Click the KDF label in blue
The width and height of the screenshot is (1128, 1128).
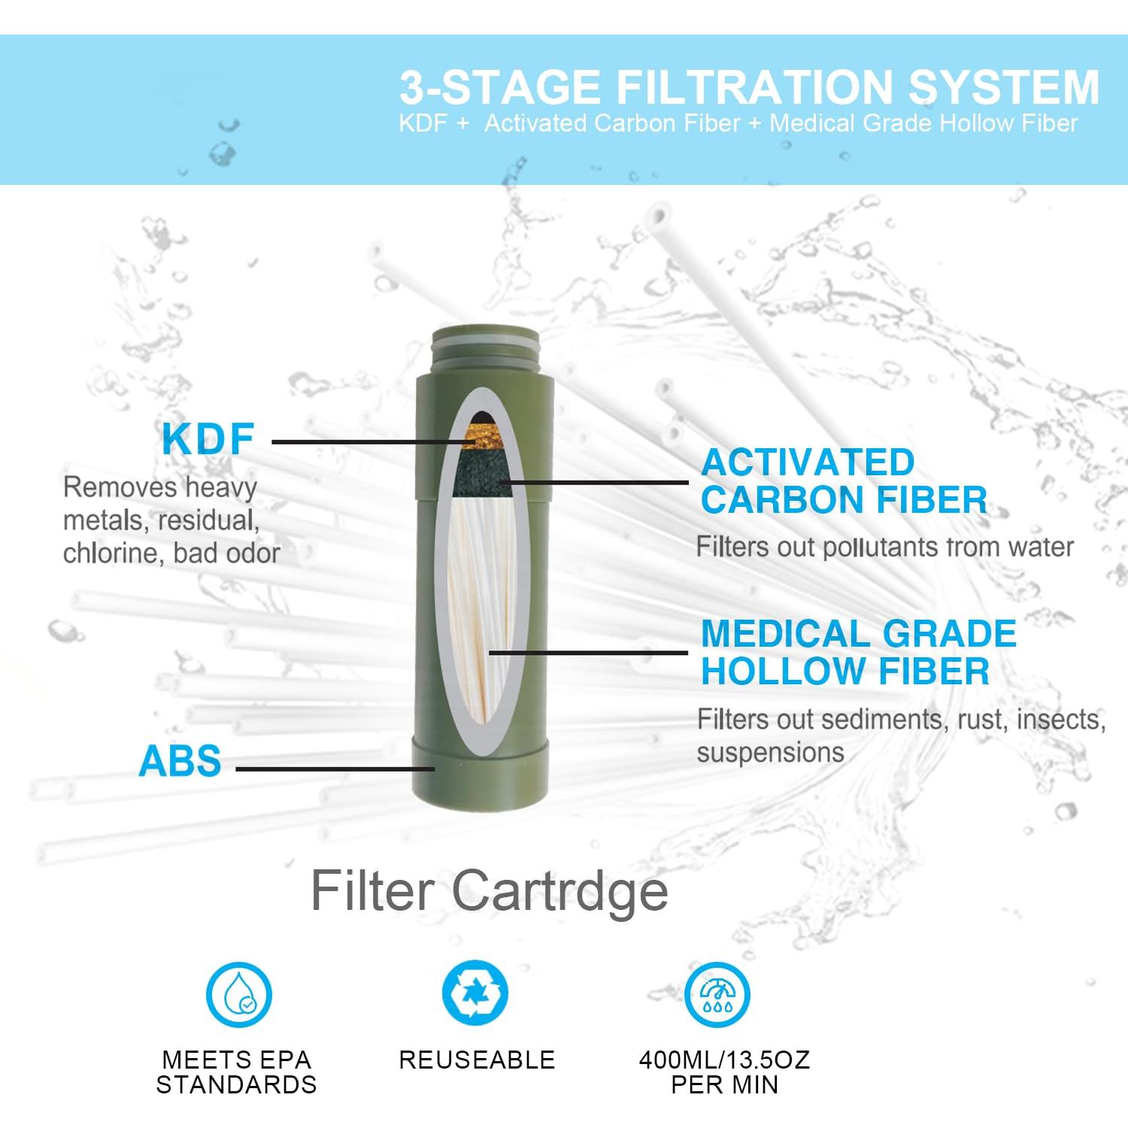[208, 440]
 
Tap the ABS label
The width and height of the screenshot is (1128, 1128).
[180, 761]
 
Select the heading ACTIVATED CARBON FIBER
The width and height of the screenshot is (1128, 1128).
[843, 481]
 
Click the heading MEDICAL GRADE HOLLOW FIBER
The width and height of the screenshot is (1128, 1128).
[857, 653]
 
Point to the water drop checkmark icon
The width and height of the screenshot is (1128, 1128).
[239, 994]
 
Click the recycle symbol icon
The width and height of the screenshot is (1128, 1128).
[475, 993]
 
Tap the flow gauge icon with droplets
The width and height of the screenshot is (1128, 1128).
[717, 994]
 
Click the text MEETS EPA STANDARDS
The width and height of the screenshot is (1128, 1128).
[236, 1072]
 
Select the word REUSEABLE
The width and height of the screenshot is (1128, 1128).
[477, 1060]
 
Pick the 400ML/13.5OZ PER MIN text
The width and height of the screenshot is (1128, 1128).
[724, 1072]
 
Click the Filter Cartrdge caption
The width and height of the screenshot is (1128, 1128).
[489, 891]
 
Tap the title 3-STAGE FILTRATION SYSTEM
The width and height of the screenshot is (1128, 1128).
[749, 87]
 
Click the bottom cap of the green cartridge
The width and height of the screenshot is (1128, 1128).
[481, 775]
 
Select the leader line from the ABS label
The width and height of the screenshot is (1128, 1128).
[335, 769]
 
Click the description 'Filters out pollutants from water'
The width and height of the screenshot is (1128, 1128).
[884, 547]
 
